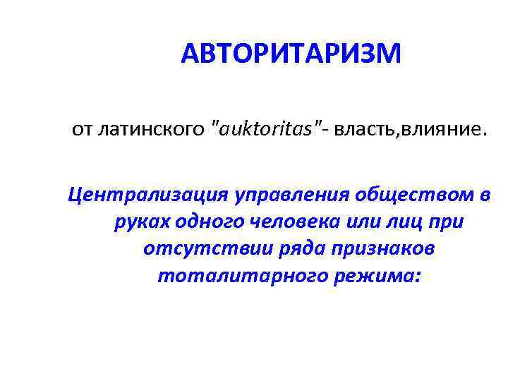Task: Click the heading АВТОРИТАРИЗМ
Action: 290,53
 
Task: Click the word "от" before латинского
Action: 80,130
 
